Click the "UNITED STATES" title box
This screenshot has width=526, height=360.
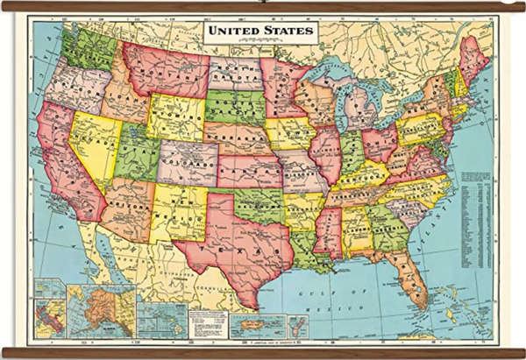coord(260,32)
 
